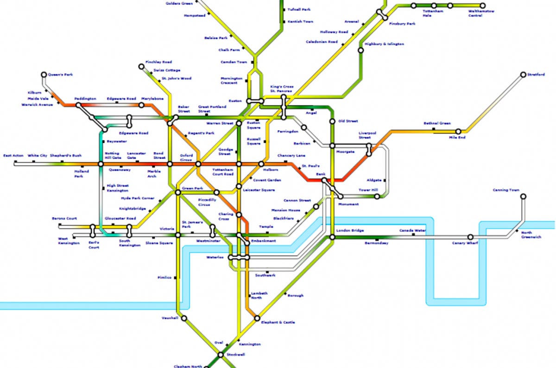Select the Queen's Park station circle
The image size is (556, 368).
pos(44,74)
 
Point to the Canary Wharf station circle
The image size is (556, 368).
pos(470,237)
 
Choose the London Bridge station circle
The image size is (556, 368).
pos(332,237)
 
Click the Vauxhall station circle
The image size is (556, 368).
pos(184,318)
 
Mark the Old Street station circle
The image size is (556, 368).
pos(332,121)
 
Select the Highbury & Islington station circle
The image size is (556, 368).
pos(361,50)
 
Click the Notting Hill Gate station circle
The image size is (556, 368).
pos(101,164)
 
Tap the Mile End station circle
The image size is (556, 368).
pos(459,132)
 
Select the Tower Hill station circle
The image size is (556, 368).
pos(377,197)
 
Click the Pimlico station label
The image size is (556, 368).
pos(165,278)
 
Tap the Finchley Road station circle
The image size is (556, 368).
pos(141,67)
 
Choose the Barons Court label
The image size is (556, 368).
pos(64,218)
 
